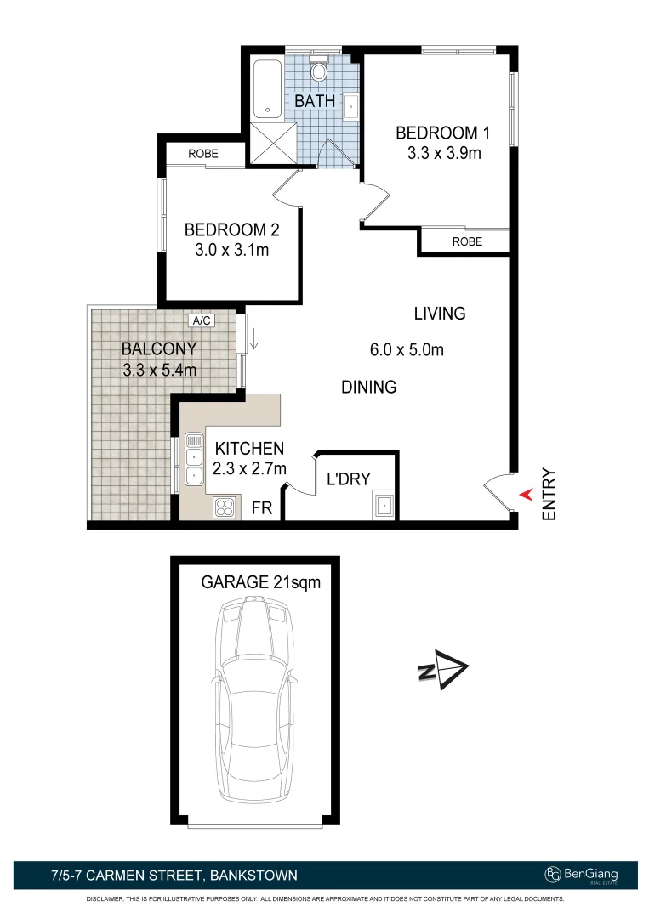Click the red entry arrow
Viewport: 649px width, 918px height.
point(527,493)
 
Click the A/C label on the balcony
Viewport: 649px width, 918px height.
point(202,320)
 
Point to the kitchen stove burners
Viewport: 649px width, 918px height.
point(225,507)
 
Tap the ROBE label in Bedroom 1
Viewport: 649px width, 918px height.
point(467,241)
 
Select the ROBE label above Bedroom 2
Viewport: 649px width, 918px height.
point(203,154)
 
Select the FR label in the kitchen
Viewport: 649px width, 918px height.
point(262,507)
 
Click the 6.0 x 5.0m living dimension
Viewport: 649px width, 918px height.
point(407,349)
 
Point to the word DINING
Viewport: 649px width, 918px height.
point(369,387)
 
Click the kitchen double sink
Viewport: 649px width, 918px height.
point(193,460)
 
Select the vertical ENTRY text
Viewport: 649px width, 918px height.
point(549,494)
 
